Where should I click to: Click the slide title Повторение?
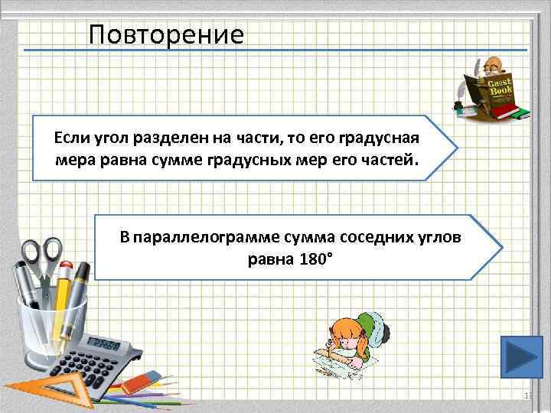[x=166, y=34]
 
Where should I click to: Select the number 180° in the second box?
[x=312, y=259]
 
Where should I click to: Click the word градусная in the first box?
[x=380, y=138]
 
